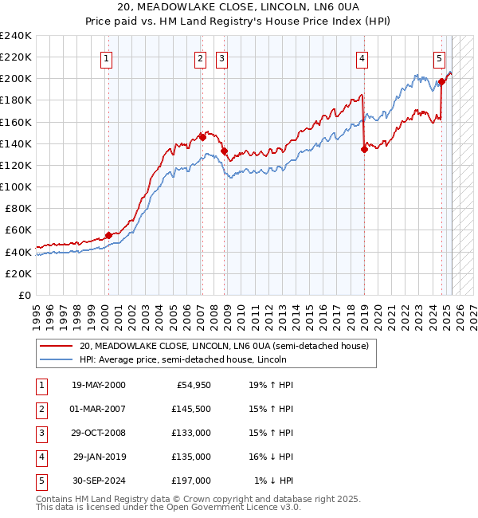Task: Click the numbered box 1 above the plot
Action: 106,57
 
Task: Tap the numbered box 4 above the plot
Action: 362,57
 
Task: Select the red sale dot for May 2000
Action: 108,235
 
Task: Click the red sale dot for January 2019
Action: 364,148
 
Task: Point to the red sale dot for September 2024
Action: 441,81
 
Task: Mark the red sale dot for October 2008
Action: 225,151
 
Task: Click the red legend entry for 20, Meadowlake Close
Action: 224,347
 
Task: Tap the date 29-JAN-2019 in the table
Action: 99,457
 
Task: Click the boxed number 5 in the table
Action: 41,481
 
